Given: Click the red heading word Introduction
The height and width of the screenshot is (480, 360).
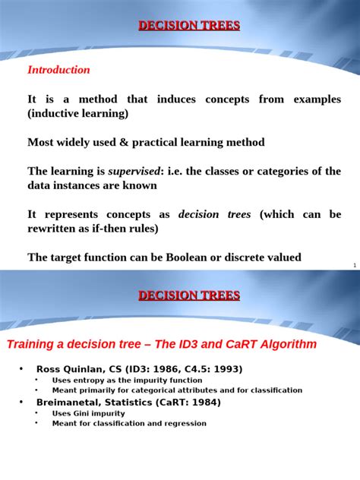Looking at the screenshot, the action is [x=58, y=70].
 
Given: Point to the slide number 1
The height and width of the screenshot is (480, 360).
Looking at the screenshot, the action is [x=355, y=265].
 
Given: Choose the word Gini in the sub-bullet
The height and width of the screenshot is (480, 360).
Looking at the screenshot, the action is [x=84, y=414].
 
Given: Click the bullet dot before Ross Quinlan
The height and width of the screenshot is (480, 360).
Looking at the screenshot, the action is [x=21, y=369].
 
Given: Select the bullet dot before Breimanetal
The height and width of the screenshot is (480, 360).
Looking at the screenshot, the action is [x=21, y=402].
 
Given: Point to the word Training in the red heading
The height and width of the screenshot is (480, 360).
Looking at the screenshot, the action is [x=32, y=344].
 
